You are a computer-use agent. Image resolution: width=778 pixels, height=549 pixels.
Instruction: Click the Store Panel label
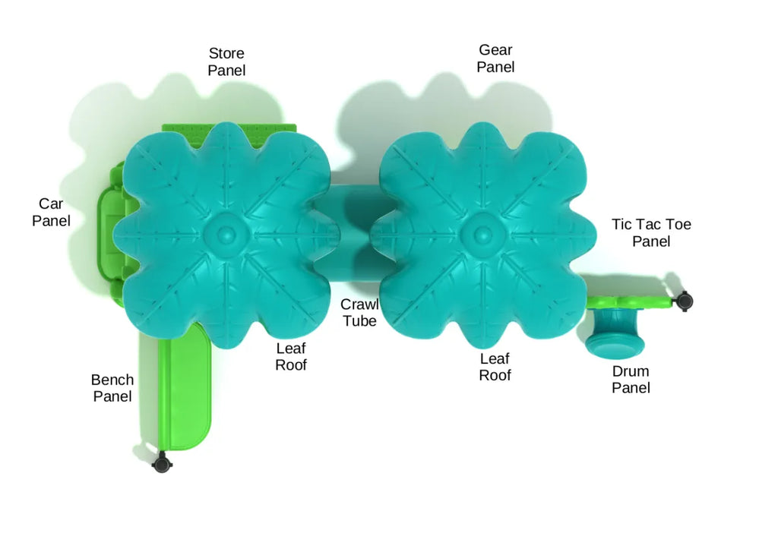pos(226,62)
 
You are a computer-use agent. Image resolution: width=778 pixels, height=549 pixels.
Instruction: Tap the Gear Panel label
pos(495,58)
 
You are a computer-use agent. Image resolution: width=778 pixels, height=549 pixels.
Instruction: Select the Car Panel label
pos(51,213)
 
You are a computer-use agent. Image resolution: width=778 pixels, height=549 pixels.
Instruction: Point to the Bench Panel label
pos(112,388)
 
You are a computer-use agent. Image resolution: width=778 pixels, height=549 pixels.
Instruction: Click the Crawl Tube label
pos(359,313)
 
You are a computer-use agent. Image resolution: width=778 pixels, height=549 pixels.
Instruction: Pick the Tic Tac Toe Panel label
pos(651,233)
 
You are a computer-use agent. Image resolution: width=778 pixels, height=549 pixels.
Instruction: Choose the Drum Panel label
pos(631,380)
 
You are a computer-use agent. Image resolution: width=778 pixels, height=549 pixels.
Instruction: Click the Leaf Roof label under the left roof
pos(291,357)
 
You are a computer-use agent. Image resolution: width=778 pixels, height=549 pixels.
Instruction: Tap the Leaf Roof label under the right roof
pos(495,367)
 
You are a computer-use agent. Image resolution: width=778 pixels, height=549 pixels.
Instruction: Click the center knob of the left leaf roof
pos(226,229)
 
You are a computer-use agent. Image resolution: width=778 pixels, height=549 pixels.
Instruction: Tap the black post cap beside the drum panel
pos(685,301)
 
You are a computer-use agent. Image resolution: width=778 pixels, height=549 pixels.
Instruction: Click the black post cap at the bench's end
pos(160,462)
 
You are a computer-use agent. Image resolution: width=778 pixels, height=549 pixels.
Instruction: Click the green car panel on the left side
pos(112,228)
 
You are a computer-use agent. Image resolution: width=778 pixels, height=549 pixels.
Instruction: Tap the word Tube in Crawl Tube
pos(359,321)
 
